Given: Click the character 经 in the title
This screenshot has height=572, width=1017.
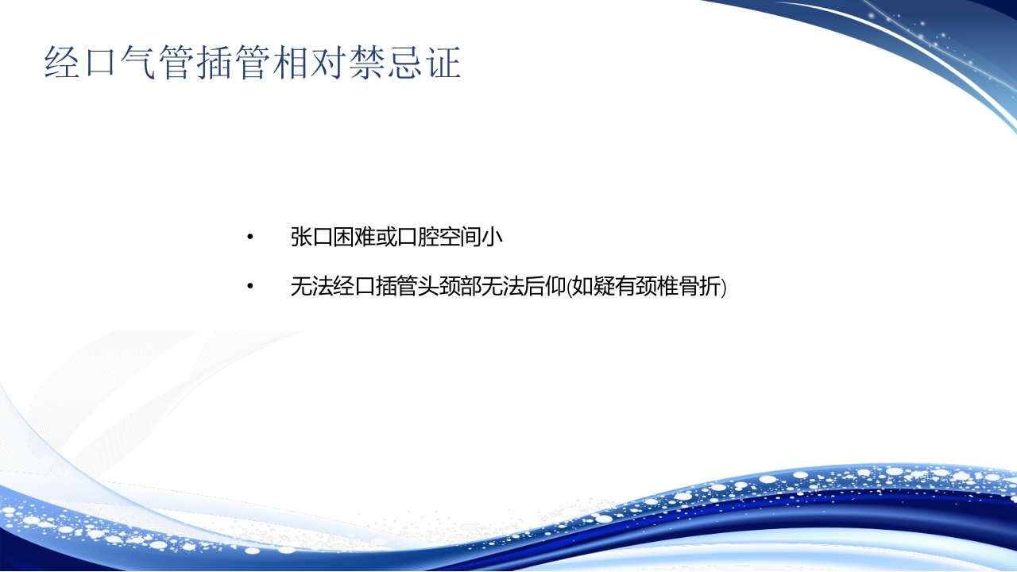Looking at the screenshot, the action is pyautogui.click(x=63, y=62).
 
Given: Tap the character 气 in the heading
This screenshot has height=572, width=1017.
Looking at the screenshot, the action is pyautogui.click(x=139, y=62).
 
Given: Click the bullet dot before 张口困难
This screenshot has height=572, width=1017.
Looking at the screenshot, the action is pyautogui.click(x=249, y=237).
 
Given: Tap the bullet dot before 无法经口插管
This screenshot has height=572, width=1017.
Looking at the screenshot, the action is pyautogui.click(x=249, y=286).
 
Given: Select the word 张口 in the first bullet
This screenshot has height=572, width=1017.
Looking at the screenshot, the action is pyautogui.click(x=311, y=237).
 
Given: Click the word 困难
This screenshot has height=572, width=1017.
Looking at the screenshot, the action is pyautogui.click(x=354, y=237).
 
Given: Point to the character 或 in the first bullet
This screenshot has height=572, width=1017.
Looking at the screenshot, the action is pyautogui.click(x=385, y=237).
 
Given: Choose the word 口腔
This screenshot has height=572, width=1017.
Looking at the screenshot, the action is pyautogui.click(x=417, y=237).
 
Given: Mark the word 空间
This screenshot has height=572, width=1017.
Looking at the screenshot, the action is pyautogui.click(x=459, y=237).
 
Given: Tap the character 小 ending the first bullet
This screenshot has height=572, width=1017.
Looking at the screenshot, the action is pyautogui.click(x=492, y=237).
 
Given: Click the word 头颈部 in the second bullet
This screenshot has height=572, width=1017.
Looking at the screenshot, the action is pyautogui.click(x=449, y=286).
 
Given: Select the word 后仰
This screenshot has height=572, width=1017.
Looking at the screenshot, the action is pyautogui.click(x=544, y=286).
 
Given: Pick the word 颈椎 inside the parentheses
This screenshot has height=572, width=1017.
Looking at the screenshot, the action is pyautogui.click(x=656, y=286).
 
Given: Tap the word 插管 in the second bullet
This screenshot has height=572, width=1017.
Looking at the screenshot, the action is pyautogui.click(x=396, y=286).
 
